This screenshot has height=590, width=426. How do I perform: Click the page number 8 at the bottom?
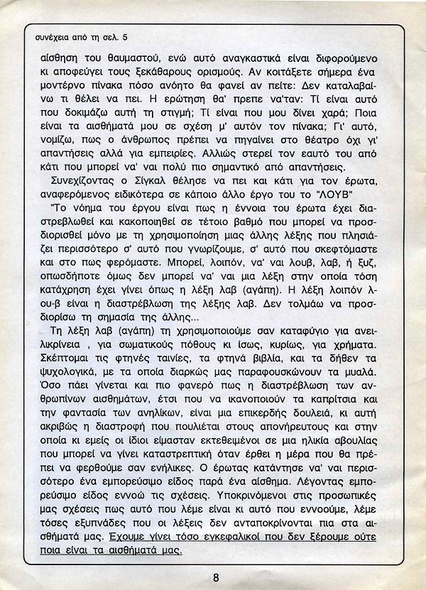(x=215, y=576)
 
